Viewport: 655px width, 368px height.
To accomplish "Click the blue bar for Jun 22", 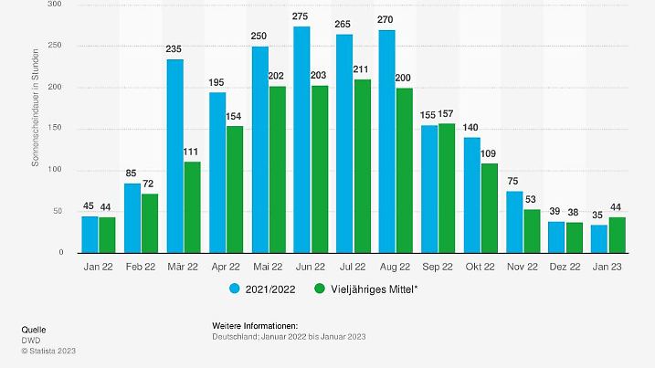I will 301,140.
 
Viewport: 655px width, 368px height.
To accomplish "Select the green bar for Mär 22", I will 192,207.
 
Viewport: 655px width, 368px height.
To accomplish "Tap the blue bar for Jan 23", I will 598,238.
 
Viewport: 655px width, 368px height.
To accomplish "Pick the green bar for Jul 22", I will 363,166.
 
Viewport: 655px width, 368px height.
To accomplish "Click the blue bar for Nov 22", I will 514,222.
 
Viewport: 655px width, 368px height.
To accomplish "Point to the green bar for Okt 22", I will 490,208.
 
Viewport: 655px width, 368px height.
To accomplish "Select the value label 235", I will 174,50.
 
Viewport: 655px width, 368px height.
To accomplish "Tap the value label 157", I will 447,115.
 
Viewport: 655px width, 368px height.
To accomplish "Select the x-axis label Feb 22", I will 141,266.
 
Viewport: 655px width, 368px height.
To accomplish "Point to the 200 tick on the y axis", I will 55,87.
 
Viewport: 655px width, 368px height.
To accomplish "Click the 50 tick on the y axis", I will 57,211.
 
